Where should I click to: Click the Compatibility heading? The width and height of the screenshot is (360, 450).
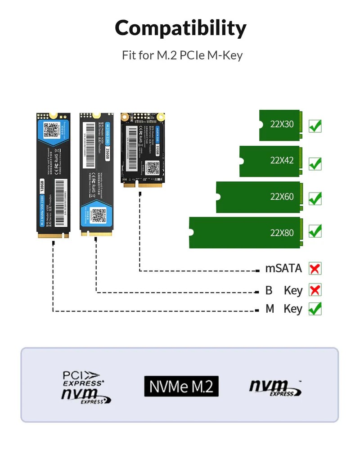coord(180,28)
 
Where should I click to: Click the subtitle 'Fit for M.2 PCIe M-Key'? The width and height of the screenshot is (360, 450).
coord(182,55)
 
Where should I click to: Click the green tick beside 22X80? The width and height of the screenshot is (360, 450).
coord(315,232)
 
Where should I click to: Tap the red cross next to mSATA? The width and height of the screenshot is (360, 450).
coord(315,269)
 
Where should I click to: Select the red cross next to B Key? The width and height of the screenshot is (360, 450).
coord(315,290)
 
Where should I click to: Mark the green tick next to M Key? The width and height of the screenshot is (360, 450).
coord(315,309)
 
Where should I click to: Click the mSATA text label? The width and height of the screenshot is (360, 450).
coord(283,269)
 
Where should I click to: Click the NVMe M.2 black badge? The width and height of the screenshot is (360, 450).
coord(181,386)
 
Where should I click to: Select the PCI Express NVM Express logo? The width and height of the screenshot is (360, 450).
coord(85,387)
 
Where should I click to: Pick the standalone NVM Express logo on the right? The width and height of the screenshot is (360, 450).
coord(274,387)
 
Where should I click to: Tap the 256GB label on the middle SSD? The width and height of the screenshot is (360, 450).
coord(107,154)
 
